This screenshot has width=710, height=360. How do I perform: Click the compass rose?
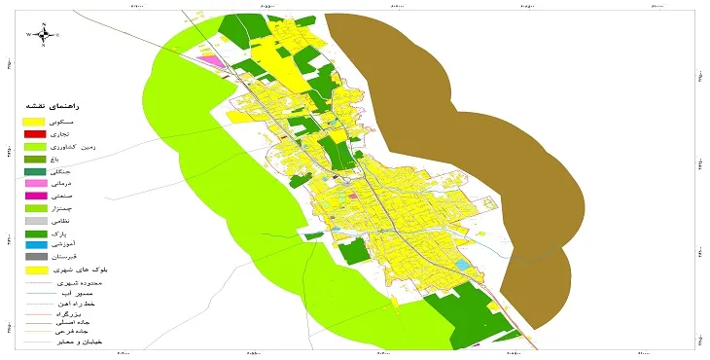pyautogui.click(x=43, y=34)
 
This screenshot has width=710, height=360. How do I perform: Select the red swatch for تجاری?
pyautogui.click(x=34, y=133)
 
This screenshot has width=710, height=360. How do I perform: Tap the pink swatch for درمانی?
pyautogui.click(x=34, y=183)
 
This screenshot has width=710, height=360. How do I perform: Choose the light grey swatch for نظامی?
pyautogui.click(x=34, y=221)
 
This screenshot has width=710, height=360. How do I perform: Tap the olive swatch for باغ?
pyautogui.click(x=34, y=158)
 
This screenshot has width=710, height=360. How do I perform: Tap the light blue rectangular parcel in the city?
pyautogui.click(x=465, y=264)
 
